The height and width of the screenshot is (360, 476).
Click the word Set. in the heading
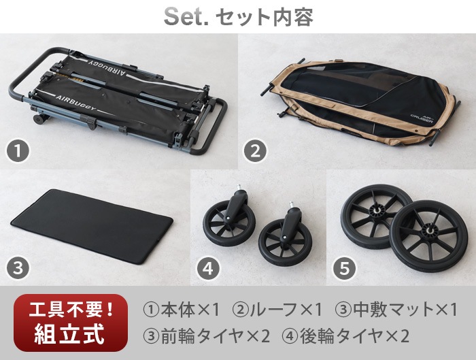186,17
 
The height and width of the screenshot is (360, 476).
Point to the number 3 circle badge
18,268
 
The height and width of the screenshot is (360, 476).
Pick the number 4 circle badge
208,268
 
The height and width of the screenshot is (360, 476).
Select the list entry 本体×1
182,310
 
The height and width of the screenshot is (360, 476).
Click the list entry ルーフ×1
277,310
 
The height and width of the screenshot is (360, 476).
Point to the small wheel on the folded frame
39,120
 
